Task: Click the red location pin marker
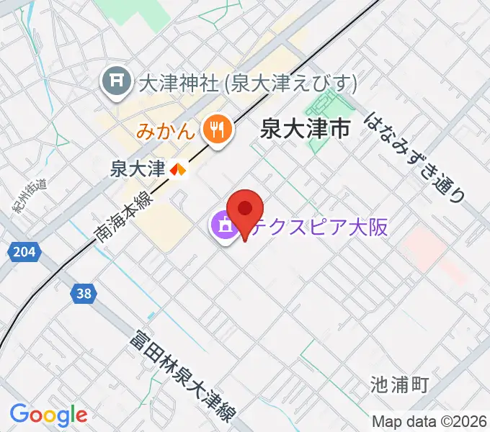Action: click(x=245, y=210)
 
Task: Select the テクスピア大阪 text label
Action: click(x=313, y=227)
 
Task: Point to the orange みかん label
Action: click(x=165, y=131)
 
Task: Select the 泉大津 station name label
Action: click(x=138, y=169)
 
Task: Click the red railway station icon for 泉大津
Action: click(x=177, y=170)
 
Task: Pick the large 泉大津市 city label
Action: click(x=305, y=130)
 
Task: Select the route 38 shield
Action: click(x=84, y=293)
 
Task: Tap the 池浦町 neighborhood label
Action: click(x=400, y=385)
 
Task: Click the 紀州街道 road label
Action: click(x=29, y=194)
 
